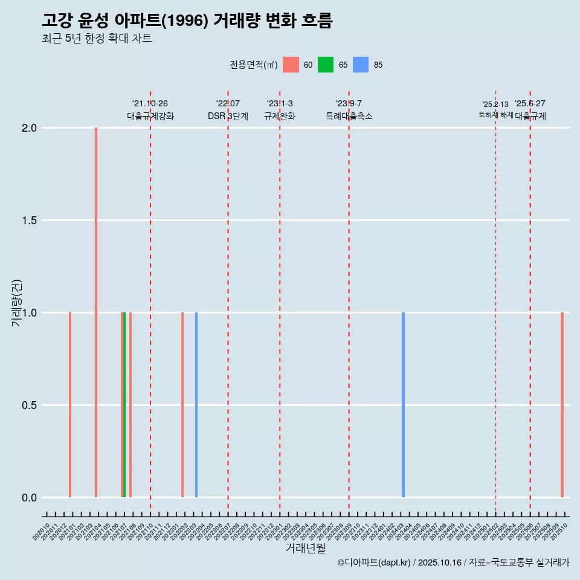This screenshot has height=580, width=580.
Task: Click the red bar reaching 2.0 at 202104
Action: tap(96, 312)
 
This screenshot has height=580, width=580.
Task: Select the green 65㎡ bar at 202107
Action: tap(124, 405)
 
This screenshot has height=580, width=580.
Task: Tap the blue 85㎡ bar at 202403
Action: tap(403, 405)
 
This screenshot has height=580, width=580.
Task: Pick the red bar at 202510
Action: tap(562, 405)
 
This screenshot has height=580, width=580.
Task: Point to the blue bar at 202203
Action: tap(196, 405)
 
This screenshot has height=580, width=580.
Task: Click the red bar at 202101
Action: tap(70, 405)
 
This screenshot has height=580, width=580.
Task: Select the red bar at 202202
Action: tap(182, 405)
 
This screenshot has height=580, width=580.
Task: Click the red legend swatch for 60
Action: tap(291, 65)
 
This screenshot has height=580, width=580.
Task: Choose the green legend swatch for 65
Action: tap(326, 65)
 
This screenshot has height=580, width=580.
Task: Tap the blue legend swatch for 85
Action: tap(361, 65)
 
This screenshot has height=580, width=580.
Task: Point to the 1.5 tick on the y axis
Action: tap(30, 221)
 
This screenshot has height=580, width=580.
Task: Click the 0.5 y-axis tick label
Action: tap(30, 405)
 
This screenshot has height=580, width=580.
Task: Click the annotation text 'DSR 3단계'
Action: tap(228, 116)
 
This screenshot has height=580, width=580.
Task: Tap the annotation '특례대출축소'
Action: tap(349, 116)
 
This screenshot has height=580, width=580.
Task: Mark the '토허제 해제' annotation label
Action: tap(495, 114)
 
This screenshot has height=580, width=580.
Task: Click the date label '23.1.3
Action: tap(280, 103)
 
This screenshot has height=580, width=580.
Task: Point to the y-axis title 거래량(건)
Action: tap(17, 303)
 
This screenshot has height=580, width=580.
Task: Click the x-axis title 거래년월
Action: tap(305, 549)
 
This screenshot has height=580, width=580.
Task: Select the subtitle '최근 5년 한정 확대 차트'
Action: tap(97, 38)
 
